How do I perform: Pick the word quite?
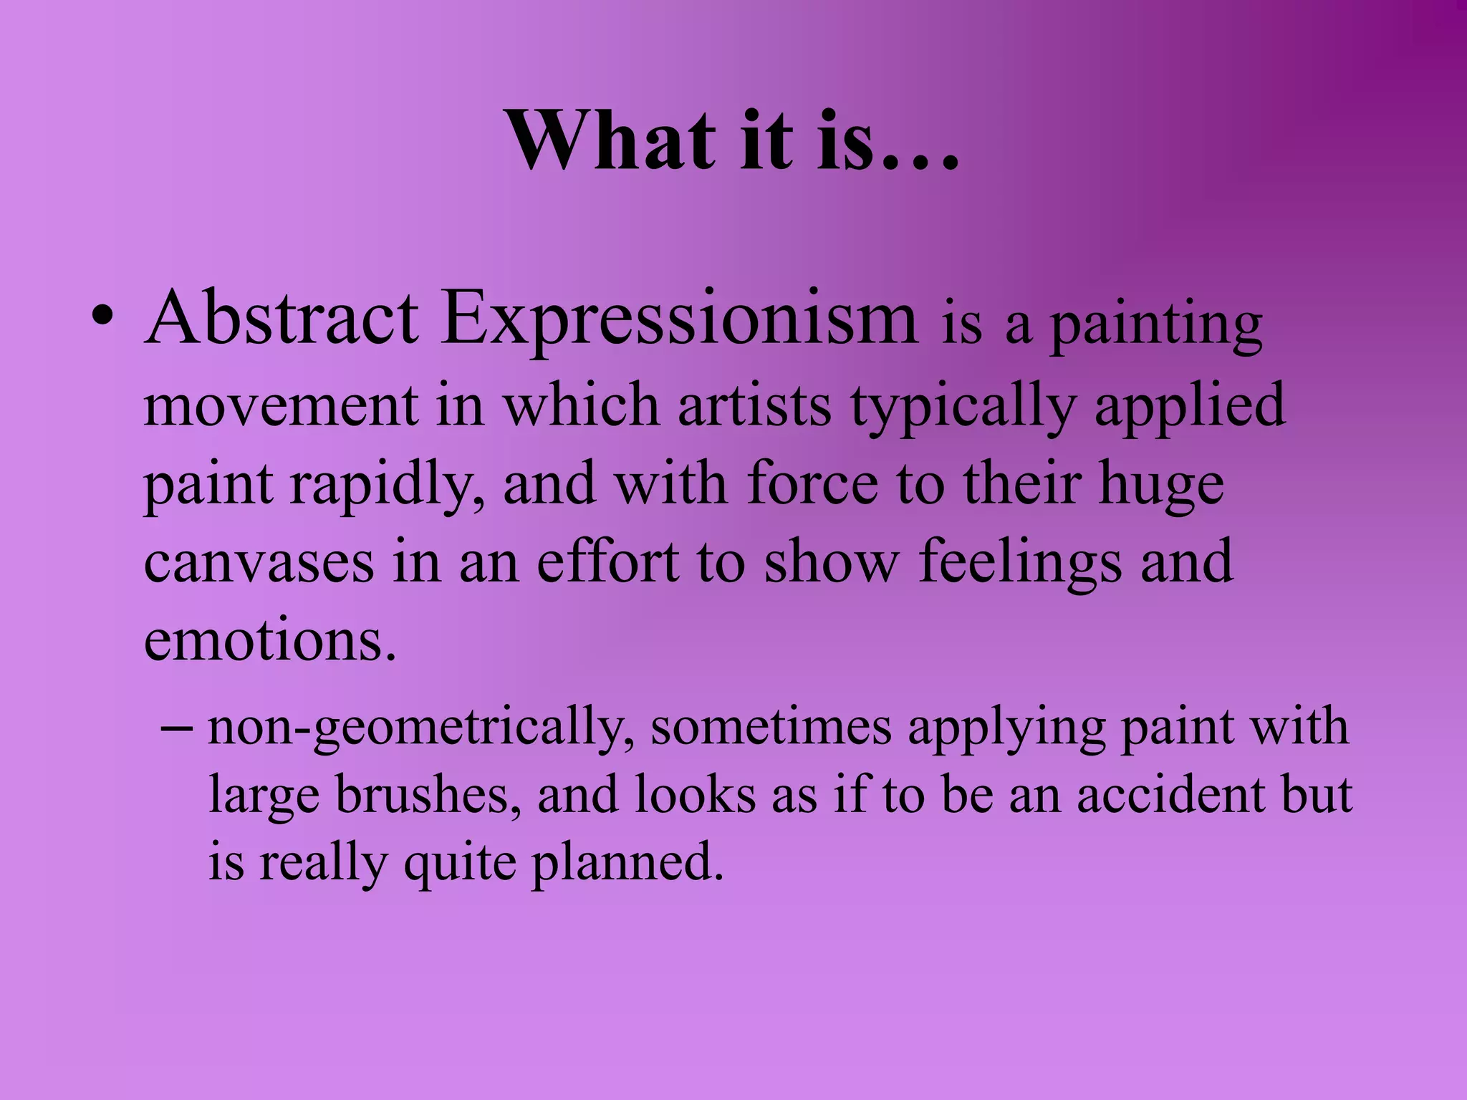(x=458, y=864)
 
